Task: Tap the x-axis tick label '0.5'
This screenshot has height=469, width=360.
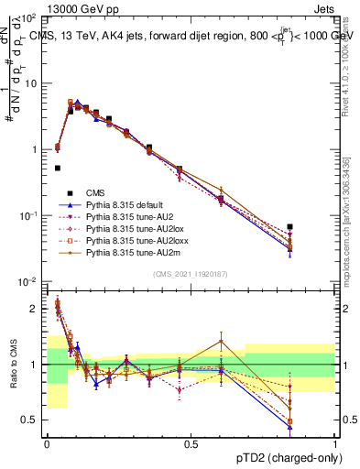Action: (x=191, y=442)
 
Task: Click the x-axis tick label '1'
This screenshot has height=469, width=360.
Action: (x=336, y=442)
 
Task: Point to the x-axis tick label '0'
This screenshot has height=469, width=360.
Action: (x=47, y=442)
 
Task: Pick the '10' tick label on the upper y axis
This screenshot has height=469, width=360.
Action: (x=31, y=82)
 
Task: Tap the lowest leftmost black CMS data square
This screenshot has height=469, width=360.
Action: (x=58, y=169)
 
